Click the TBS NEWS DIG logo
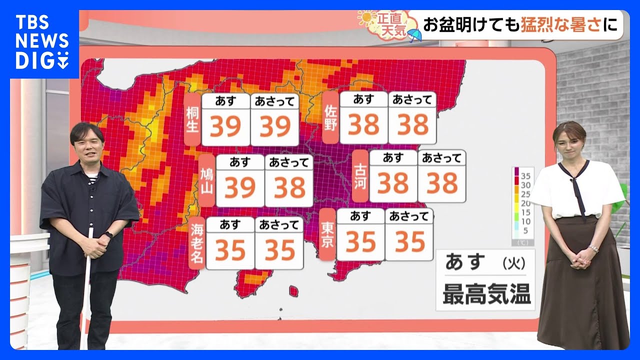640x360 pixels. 42,42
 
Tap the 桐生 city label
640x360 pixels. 192,119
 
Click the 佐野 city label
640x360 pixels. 330,117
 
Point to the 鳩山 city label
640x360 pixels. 206,180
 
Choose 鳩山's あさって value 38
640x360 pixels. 289,188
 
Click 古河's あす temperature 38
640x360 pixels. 393,183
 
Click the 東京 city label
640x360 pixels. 327,234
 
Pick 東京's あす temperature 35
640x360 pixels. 360,242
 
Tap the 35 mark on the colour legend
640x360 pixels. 525,176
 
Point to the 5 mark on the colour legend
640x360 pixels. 525,230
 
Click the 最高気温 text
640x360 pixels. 486,295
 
